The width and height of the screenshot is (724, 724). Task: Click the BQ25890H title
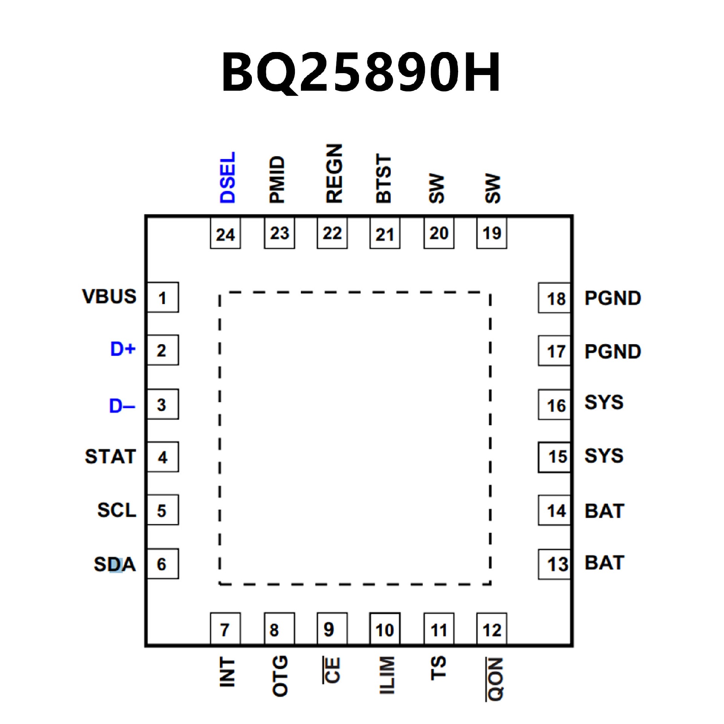click(361, 72)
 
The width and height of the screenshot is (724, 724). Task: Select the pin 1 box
click(163, 298)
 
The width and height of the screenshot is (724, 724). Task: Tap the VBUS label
click(109, 296)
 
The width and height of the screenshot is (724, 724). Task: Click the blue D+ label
click(123, 349)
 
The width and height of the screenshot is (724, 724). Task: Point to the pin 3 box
click(163, 404)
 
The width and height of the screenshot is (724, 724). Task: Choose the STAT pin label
click(110, 457)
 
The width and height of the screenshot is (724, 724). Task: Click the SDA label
click(115, 564)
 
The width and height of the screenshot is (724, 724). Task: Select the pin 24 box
click(225, 234)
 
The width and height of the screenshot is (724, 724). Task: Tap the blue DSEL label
click(228, 177)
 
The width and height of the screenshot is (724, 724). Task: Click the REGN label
click(334, 173)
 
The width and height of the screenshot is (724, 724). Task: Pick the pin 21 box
click(385, 234)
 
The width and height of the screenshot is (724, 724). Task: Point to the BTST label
click(384, 178)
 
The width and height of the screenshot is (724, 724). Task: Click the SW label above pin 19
click(492, 189)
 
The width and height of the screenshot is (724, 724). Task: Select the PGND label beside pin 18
click(612, 298)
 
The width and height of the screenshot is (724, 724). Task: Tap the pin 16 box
click(554, 405)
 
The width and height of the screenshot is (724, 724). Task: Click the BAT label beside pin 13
click(604, 563)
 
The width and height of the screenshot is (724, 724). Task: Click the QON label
click(495, 679)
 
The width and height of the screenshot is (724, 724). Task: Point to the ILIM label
click(387, 675)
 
